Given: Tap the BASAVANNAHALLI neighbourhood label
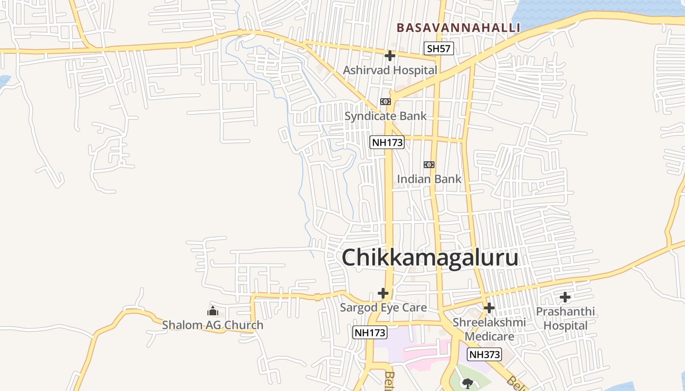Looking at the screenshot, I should tap(458, 27).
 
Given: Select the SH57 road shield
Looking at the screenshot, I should tap(438, 48).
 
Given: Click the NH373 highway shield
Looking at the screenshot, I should tap(484, 354).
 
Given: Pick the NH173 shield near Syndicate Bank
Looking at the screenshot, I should tap(387, 142).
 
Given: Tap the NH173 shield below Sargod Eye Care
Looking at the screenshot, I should tap(370, 332).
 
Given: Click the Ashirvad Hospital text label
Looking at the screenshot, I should tap(390, 70).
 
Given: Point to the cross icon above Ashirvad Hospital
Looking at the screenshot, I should tap(390, 56).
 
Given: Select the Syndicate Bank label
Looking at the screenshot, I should tap(386, 116).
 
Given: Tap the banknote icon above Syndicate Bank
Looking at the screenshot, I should tap(386, 102).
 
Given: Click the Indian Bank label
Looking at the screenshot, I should tap(429, 179).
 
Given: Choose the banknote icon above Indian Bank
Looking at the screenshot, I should tap(429, 165).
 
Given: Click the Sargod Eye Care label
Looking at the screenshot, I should tap(384, 307).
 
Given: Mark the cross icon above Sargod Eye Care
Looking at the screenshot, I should tap(383, 293).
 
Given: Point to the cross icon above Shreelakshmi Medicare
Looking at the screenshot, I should tap(489, 308).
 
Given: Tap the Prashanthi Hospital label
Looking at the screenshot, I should tap(565, 318).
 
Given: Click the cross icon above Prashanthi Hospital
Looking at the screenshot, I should tap(565, 297).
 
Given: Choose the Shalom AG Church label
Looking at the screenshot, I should tap(212, 325).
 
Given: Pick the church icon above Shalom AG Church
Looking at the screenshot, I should tap(213, 310).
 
